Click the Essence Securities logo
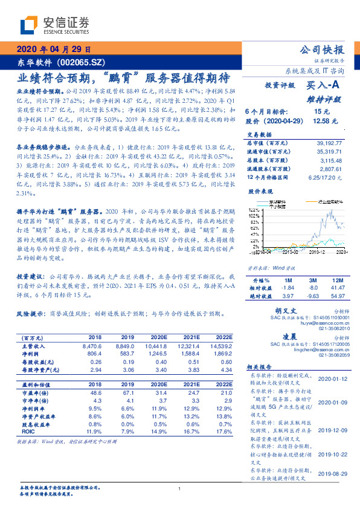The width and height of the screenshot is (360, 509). point(54,25)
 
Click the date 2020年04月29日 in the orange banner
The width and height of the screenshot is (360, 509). point(53,50)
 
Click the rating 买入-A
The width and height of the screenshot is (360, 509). point(325,86)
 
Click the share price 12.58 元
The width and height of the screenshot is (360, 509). point(322,122)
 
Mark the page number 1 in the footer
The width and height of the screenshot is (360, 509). point(179,488)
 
